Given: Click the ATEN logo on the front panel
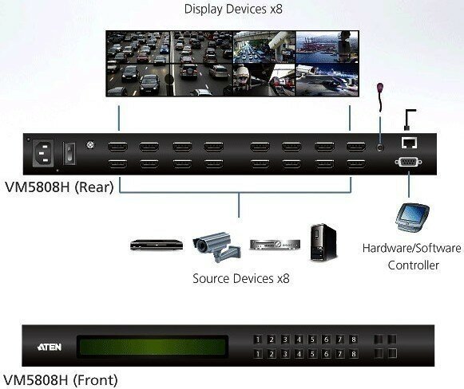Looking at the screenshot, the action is (x=50, y=347).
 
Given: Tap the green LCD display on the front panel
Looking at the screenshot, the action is (x=152, y=347).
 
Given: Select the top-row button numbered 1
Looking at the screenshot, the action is (x=258, y=340).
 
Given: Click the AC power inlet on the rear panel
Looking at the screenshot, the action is (x=43, y=153).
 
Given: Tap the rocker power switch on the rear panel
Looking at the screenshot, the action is (x=69, y=153).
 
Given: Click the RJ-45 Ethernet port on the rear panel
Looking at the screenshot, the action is (x=409, y=143).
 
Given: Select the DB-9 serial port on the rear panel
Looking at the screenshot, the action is (x=408, y=162).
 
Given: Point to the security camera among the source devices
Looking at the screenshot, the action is (x=217, y=246).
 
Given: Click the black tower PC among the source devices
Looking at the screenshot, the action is (x=323, y=243).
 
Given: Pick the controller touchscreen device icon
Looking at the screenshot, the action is (x=412, y=217).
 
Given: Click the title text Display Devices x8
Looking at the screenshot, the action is (x=233, y=9).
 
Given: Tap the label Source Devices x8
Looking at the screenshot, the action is (x=241, y=278).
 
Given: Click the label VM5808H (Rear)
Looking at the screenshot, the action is (x=59, y=187).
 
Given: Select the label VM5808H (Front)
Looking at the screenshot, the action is (x=61, y=380).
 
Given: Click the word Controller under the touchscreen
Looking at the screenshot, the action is (x=414, y=265).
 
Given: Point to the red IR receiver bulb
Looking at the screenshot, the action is (x=380, y=88).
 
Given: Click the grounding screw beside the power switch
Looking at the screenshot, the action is (x=90, y=145).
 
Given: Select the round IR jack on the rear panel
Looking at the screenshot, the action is (x=380, y=147).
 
